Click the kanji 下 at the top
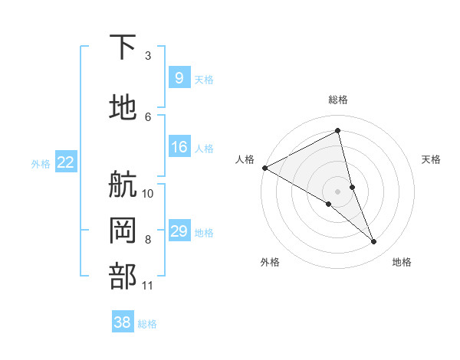[123, 47]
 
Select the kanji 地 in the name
[123, 108]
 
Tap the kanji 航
[123, 185]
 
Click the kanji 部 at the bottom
[123, 276]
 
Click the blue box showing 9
[179, 78]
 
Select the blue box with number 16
[179, 147]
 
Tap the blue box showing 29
[179, 231]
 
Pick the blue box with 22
[65, 162]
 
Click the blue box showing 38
[122, 322]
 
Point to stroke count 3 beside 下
[148, 55]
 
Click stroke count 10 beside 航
[148, 193]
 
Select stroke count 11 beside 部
[148, 286]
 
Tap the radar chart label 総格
[338, 100]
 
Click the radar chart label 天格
[432, 159]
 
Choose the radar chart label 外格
[270, 262]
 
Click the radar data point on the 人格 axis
[264, 167]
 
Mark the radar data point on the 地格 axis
[374, 242]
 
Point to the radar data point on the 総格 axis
[338, 131]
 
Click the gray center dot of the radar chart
[338, 190]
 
